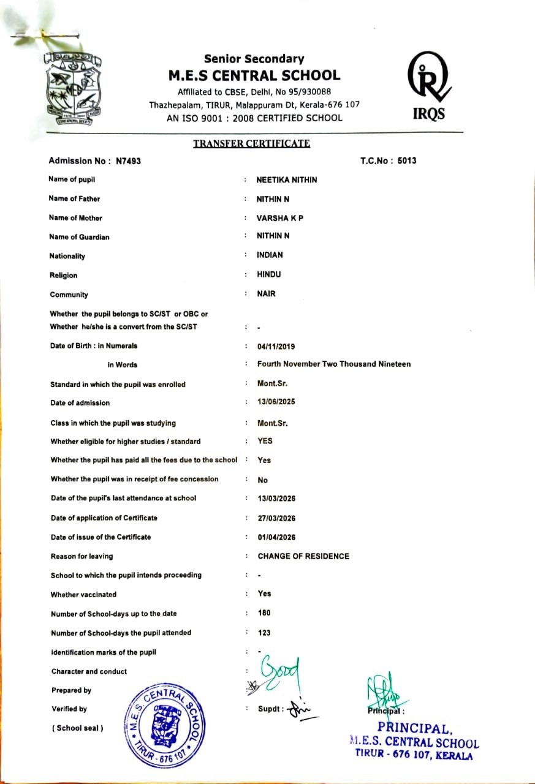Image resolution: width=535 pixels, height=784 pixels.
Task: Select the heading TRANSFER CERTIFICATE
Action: coord(251,144)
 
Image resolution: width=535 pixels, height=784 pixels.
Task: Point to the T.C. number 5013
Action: coord(407,161)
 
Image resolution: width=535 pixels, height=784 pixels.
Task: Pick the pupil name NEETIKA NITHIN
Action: coord(286,179)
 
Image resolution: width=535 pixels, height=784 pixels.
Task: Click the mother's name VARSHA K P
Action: coord(279,218)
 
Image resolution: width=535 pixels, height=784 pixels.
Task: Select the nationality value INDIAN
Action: coord(270,255)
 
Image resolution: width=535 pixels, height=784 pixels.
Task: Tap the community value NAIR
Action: coord(266,294)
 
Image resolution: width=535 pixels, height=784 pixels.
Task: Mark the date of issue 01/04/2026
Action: coord(276,538)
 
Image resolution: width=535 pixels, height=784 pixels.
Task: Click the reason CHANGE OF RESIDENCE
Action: coord(303,557)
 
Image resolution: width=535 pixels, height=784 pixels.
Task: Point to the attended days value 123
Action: coord(264,633)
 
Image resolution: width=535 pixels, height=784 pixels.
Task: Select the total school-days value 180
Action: coord(264,613)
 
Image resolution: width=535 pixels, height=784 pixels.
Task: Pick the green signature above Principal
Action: coord(385,692)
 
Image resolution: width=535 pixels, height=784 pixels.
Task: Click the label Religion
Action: coord(64,276)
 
